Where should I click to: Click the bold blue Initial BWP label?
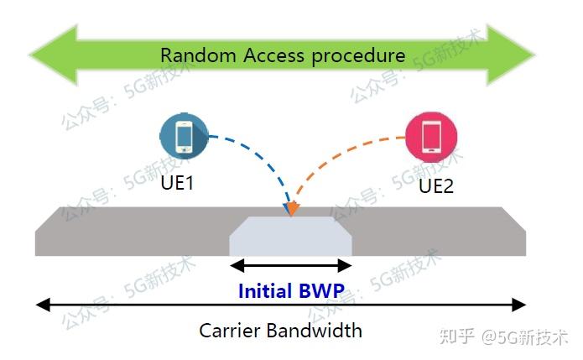coord(291,291)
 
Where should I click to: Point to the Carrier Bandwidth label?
coord(280,330)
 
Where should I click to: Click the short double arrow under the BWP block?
coord(290,266)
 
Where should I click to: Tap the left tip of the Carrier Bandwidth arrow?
coord(40,305)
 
